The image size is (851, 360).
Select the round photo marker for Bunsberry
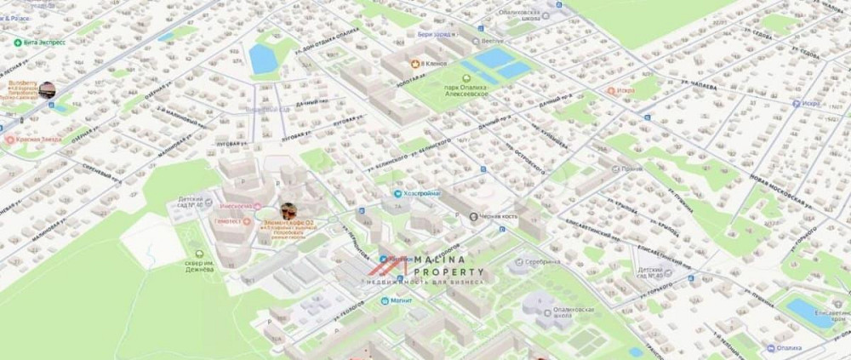[x=46, y=89]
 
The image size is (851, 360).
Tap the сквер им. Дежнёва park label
[x=200, y=263]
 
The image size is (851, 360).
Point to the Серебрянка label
[x=541, y=262]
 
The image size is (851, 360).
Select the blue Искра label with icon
[x=808, y=103]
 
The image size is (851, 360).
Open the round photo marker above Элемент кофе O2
[x=288, y=210]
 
